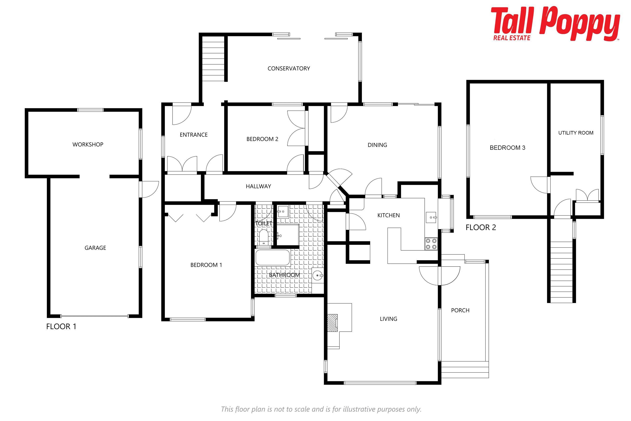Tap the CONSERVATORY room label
click(289, 68)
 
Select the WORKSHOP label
click(88, 144)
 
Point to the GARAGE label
click(95, 248)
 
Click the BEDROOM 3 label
click(507, 148)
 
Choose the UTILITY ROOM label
click(576, 133)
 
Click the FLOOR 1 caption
click(61, 326)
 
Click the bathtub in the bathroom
click(273, 258)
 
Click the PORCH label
click(460, 310)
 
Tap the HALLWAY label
click(258, 186)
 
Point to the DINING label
click(377, 145)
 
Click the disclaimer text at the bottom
click(321, 409)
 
